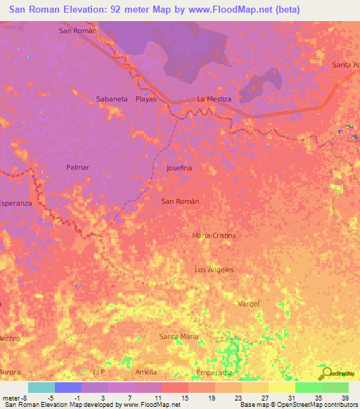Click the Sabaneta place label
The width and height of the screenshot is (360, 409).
click(112, 99)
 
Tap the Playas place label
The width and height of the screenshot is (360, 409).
click(146, 99)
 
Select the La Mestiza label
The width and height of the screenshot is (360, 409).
click(214, 99)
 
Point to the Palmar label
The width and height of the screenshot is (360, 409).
click(77, 167)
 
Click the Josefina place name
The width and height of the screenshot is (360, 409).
click(179, 169)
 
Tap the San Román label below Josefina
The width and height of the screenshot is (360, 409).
click(180, 202)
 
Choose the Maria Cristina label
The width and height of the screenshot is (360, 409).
click(214, 235)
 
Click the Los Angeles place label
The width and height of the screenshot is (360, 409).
click(214, 270)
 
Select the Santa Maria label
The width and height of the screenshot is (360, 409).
click(179, 337)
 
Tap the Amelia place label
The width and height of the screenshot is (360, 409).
click(146, 372)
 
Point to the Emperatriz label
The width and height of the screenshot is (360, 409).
click(214, 372)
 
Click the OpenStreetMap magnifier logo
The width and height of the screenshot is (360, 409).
click(327, 373)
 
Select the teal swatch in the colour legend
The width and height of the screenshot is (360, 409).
click(41, 387)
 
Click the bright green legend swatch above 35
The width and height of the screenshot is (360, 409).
click(308, 387)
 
